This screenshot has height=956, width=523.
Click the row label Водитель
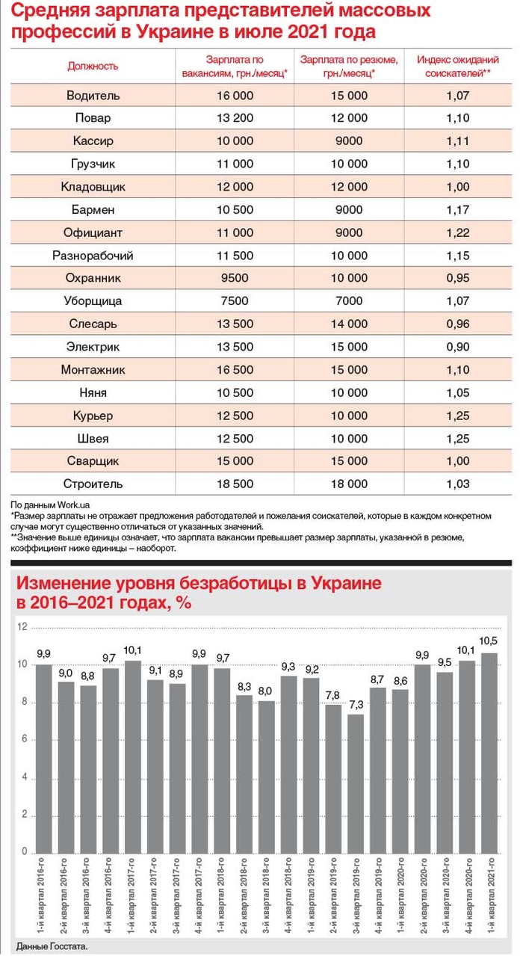93,96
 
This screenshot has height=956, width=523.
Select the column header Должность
93,66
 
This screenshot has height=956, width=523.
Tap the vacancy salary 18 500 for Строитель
235,484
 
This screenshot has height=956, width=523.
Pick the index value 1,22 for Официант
457,232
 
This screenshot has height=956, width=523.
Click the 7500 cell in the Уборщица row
235,301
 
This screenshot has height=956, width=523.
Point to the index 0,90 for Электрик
457,347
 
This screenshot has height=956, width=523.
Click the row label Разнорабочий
93,256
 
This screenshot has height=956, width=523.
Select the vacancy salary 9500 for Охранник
235,278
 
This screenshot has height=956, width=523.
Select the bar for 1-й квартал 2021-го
489,752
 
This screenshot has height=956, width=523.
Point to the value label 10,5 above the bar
489,642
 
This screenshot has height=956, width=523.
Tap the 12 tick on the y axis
22,626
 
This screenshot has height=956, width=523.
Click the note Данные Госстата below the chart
51,946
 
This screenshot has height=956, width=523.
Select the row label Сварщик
93,461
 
